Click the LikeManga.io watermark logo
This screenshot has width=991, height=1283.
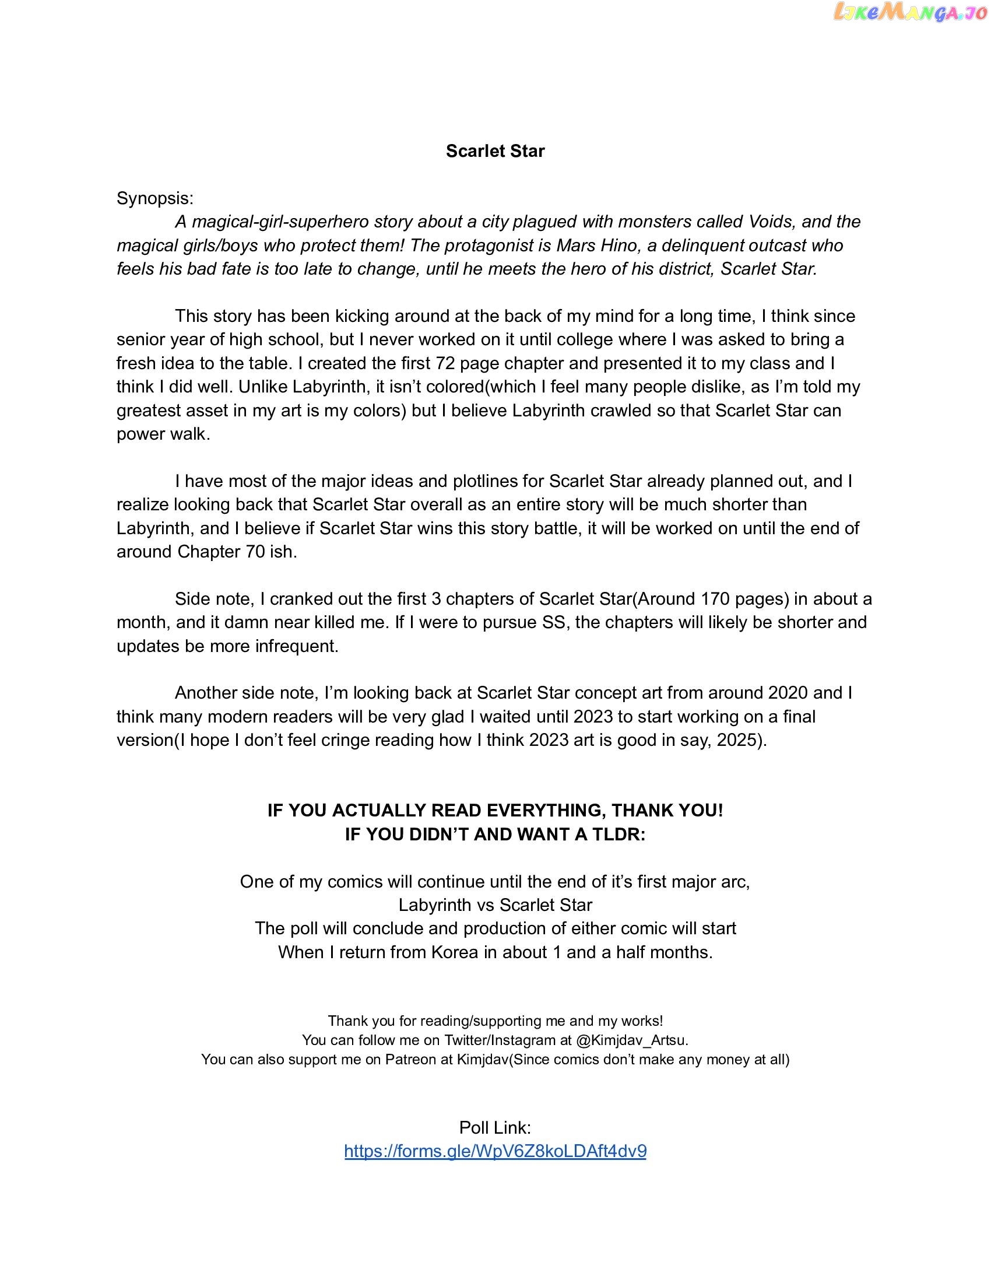(x=911, y=13)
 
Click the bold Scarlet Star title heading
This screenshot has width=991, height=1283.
(x=495, y=151)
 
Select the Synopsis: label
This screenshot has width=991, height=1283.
(x=155, y=198)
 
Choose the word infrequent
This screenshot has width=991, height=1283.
(x=297, y=646)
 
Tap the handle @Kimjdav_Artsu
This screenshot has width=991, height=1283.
(x=632, y=1040)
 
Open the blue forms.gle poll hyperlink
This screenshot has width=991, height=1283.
(x=495, y=1151)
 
